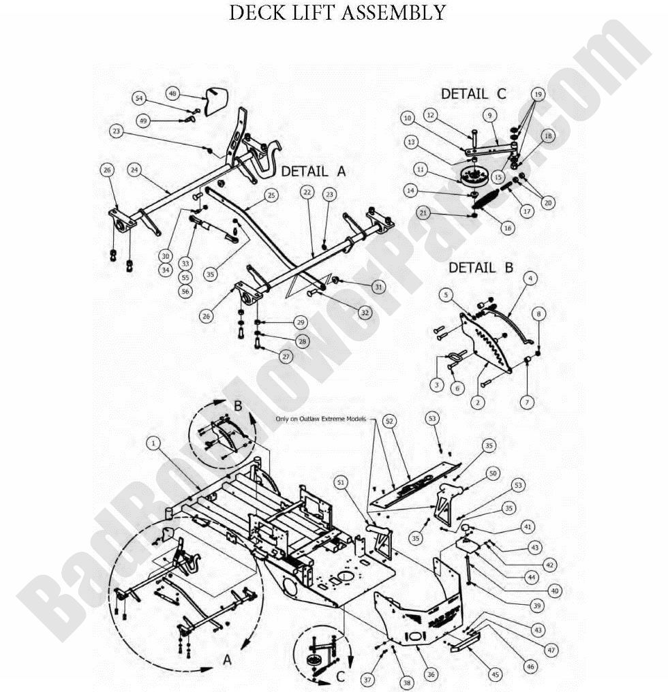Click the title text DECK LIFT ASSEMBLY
point(337,13)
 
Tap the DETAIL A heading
point(313,172)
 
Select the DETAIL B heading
point(481,268)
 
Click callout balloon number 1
point(155,443)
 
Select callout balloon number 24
point(134,171)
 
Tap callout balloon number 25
point(271,196)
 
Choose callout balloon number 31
point(379,287)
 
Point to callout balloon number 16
point(507,229)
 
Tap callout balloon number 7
point(528,403)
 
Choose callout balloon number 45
point(496,674)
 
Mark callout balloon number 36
point(431,674)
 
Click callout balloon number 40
point(554,591)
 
